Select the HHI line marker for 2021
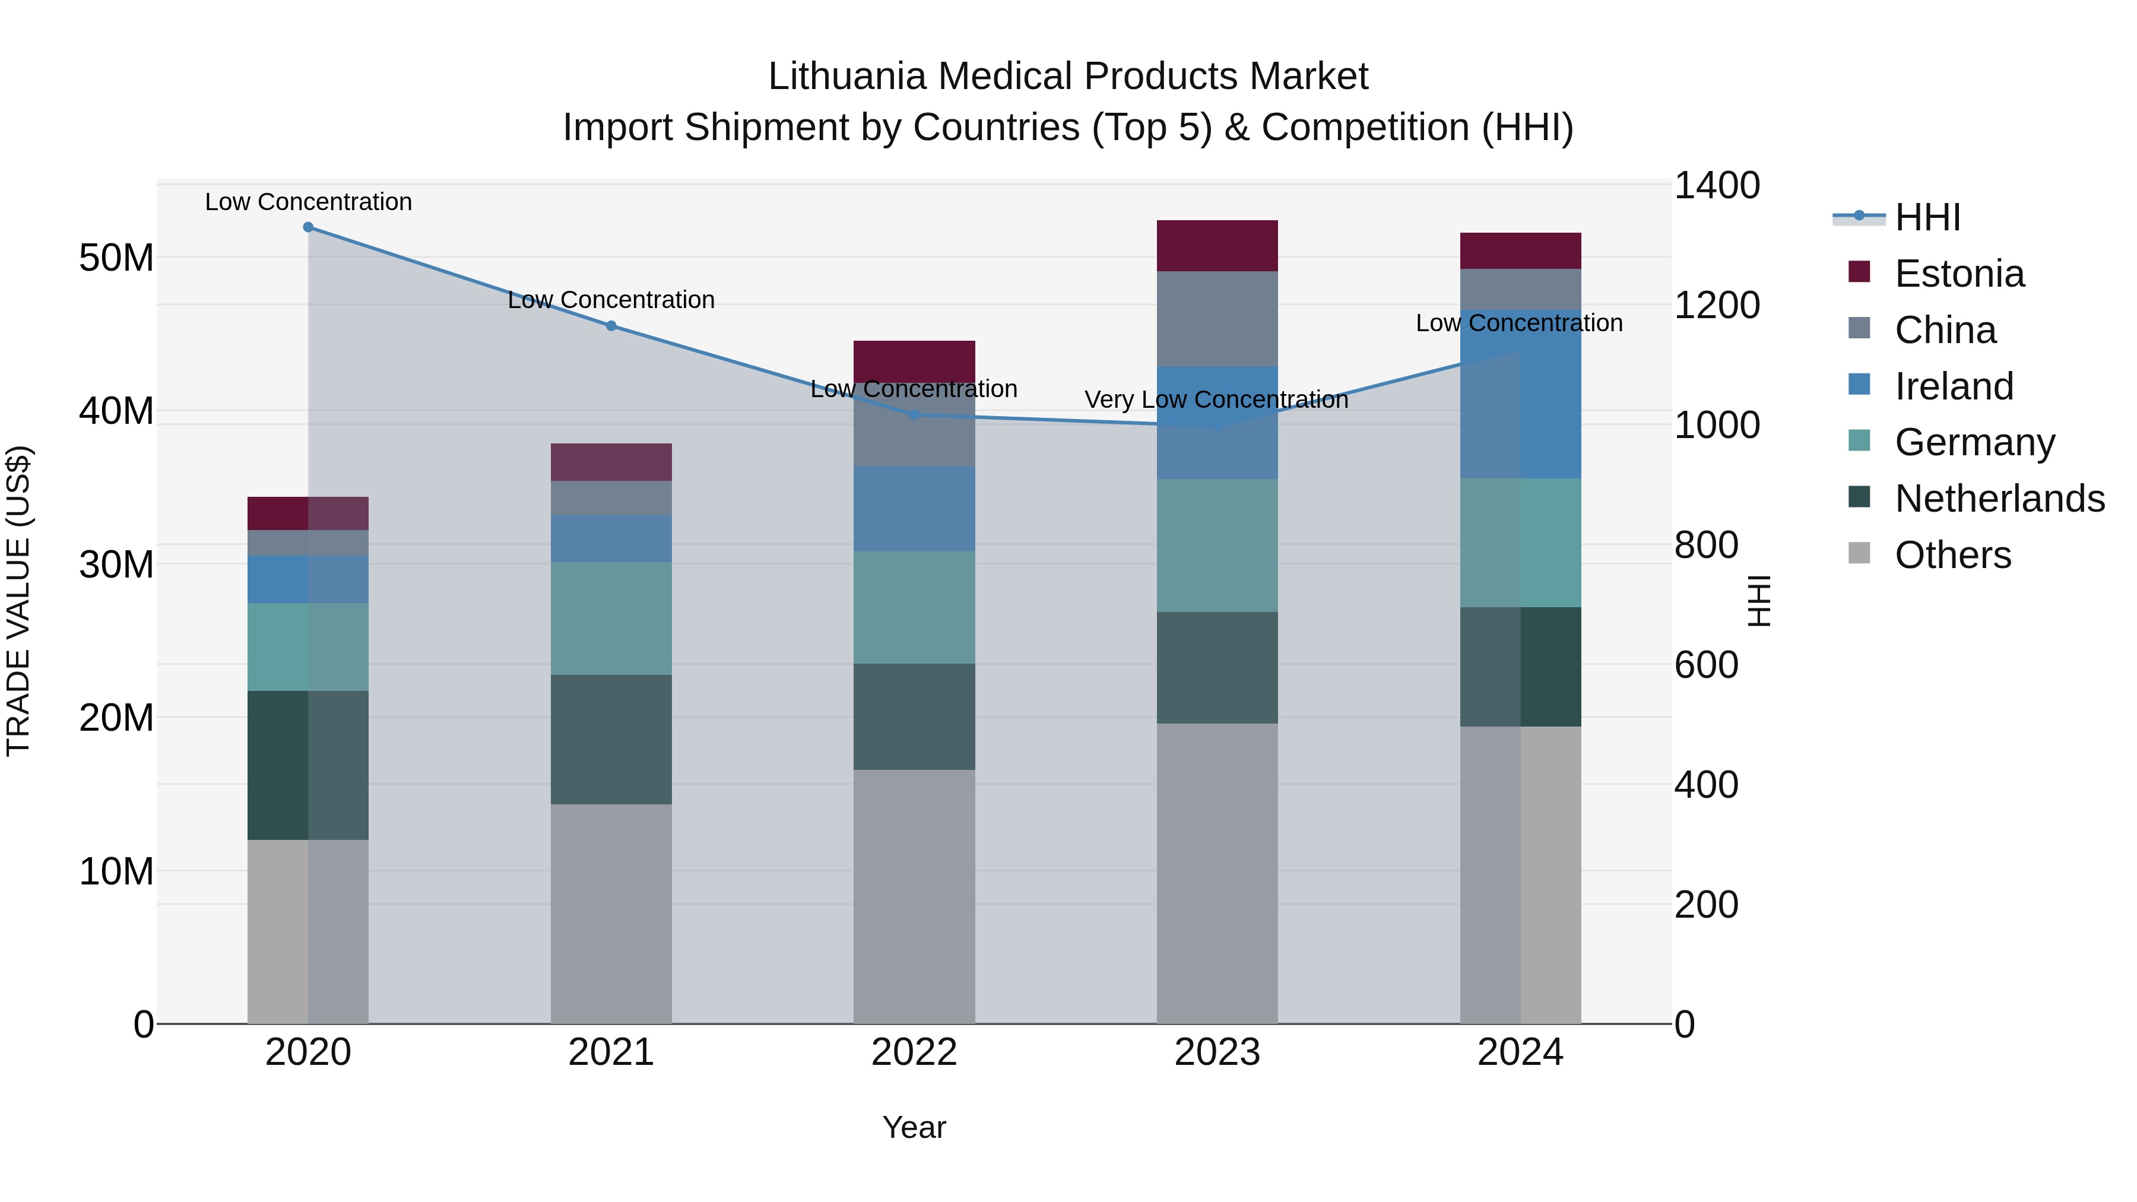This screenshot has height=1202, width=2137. [x=611, y=326]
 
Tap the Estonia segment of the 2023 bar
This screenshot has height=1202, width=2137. [x=1217, y=246]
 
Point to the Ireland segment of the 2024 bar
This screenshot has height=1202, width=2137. [x=1521, y=394]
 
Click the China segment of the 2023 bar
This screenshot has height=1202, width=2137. [x=1217, y=319]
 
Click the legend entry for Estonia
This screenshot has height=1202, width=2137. [x=1959, y=274]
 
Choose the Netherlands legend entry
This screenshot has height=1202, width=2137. [x=1999, y=499]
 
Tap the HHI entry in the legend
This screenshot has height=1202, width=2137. [x=1927, y=217]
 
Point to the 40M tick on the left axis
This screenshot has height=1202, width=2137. [x=116, y=411]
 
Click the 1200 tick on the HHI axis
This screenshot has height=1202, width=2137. [x=1716, y=305]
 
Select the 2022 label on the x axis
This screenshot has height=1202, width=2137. [x=914, y=1052]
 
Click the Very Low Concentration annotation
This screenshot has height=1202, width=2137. [x=1216, y=400]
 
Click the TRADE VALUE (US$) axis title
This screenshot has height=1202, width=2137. [x=18, y=601]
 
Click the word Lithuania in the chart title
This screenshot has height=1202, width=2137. [x=846, y=77]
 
